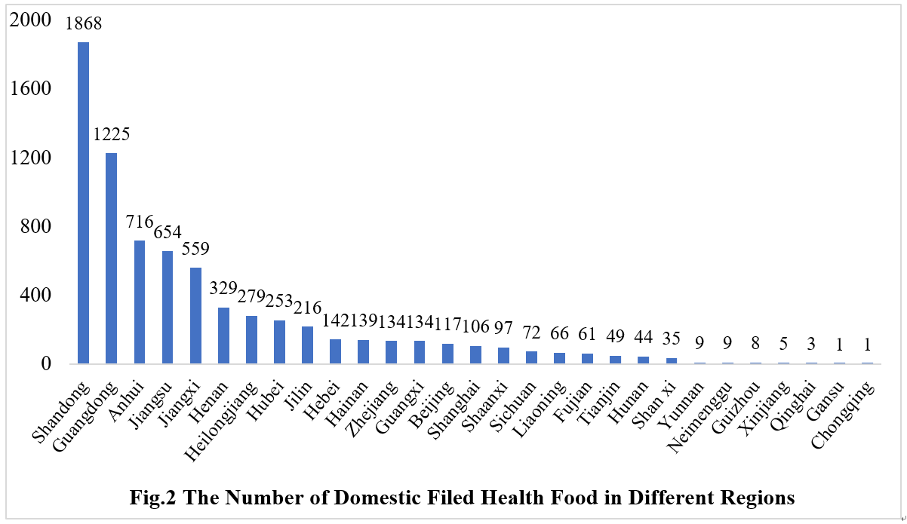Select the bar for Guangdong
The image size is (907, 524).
(x=111, y=258)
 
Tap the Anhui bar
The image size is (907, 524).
(x=139, y=302)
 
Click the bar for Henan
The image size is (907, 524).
(x=223, y=335)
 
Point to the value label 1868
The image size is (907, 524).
(x=83, y=24)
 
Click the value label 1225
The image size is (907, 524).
(x=112, y=135)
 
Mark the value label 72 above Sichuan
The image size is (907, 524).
(x=530, y=332)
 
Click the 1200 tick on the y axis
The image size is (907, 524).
(x=31, y=158)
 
